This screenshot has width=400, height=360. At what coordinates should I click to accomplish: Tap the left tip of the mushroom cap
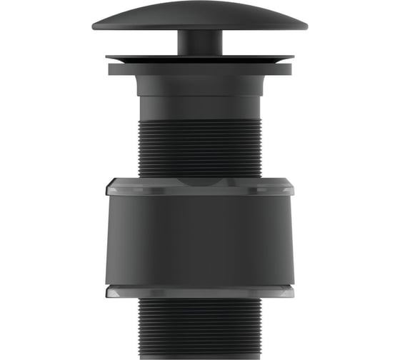[x=94, y=26]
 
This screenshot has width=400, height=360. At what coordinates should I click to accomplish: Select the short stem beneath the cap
[x=199, y=41]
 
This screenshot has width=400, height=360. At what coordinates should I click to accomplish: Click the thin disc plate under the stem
[x=199, y=57]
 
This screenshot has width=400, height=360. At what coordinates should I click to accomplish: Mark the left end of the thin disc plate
[x=108, y=58]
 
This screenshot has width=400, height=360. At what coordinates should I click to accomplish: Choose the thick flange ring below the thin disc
[x=199, y=69]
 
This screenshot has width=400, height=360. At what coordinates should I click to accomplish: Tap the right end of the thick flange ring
[x=290, y=69]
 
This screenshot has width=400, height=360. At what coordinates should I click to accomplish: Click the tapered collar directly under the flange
[x=199, y=85]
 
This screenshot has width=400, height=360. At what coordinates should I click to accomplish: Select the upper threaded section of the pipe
[x=199, y=146]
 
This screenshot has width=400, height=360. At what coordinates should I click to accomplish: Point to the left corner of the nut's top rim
[x=108, y=188]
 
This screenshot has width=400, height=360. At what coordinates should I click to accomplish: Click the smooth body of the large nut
[x=199, y=239]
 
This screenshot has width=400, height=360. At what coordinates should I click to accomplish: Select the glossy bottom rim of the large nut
[x=199, y=291]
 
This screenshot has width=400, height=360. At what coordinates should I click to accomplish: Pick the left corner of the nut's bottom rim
[x=108, y=291]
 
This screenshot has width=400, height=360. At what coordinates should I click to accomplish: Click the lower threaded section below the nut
[x=199, y=329]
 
